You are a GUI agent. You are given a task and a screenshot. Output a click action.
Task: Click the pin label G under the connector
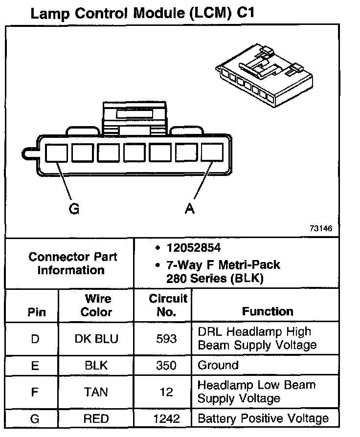tap(74, 209)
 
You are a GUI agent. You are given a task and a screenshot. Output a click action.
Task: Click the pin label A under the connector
tap(190, 209)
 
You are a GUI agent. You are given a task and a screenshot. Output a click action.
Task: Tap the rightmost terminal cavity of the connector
tap(212, 153)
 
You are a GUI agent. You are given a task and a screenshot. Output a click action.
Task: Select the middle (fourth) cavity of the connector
tap(134, 153)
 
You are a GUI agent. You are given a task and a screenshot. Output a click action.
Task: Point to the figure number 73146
tap(320, 229)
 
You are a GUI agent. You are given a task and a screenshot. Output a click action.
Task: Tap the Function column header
tap(268, 311)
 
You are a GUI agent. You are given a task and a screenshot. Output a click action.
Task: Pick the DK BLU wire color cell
tap(96, 338)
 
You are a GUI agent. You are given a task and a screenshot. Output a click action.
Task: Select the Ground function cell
tap(218, 365)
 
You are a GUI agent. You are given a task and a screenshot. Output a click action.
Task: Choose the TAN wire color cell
tap(96, 392)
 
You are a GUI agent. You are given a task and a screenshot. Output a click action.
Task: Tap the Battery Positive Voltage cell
tap(263, 419)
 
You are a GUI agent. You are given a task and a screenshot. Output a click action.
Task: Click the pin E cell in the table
tap(35, 365)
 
